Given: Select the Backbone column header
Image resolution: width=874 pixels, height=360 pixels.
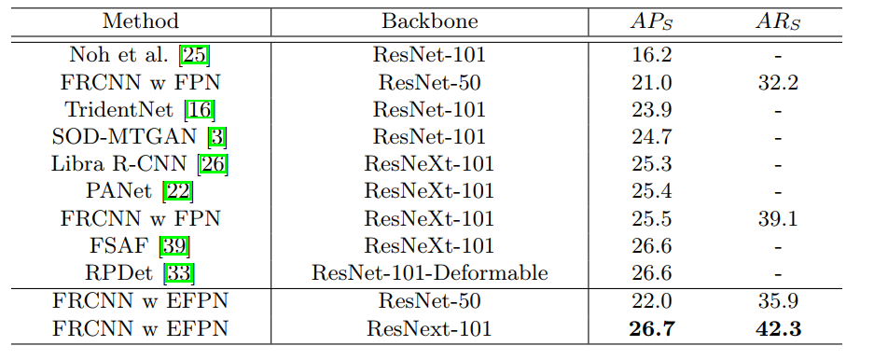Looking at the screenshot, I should (429, 21).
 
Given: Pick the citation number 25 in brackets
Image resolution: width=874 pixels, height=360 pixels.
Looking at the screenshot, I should (195, 55).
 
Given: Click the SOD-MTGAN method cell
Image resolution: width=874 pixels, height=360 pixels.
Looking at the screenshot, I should (126, 137).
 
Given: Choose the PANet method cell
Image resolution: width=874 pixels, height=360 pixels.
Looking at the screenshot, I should (123, 192).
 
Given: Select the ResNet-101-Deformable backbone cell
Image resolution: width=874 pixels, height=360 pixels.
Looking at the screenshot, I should (429, 274).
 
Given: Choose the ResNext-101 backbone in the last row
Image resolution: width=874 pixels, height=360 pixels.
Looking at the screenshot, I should (429, 329).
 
